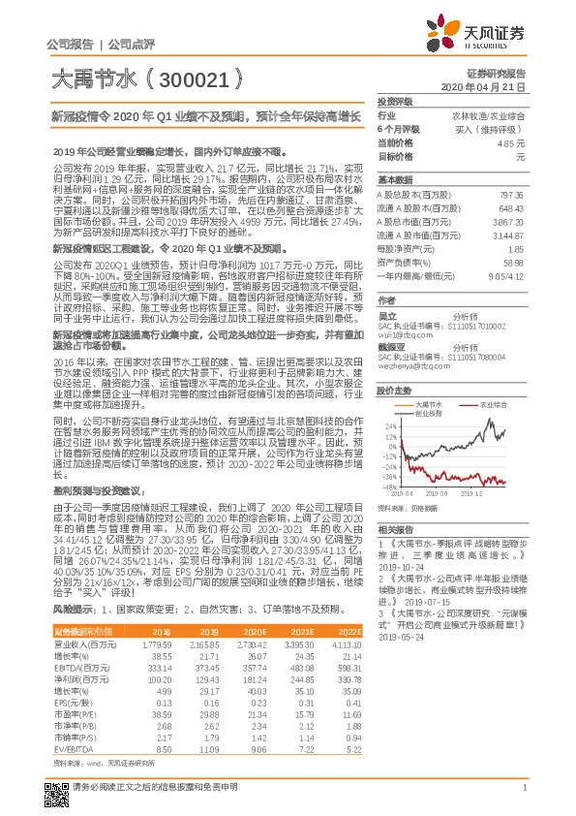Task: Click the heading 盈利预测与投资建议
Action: [97, 518]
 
